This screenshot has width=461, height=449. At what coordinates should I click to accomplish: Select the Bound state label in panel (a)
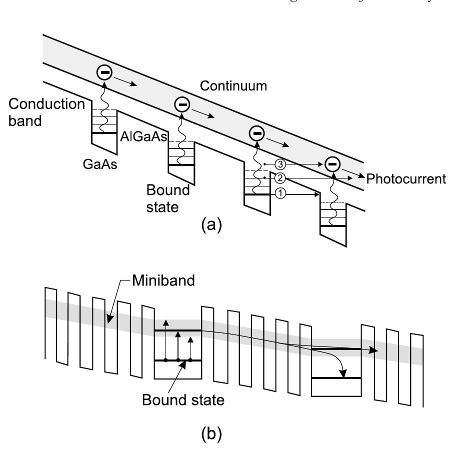pyautogui.click(x=168, y=198)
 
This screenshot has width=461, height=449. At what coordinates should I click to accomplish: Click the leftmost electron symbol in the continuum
pyautogui.click(x=104, y=73)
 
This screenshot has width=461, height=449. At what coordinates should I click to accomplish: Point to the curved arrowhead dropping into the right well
pyautogui.click(x=343, y=372)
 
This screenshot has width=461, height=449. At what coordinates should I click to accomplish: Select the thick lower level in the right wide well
pyautogui.click(x=336, y=378)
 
